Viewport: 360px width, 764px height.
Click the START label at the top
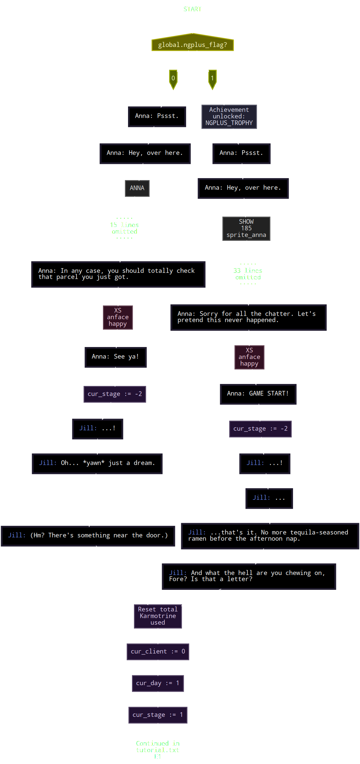tap(192, 9)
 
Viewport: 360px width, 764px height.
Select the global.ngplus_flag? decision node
tap(192, 44)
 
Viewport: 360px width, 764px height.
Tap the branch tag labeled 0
tap(173, 79)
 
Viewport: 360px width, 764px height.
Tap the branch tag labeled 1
tap(212, 79)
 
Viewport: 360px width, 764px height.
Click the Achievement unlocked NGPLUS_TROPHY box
tap(229, 116)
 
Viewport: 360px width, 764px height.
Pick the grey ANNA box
tap(137, 188)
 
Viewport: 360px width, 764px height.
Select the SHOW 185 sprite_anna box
tap(246, 228)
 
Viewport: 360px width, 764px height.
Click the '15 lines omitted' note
tap(124, 228)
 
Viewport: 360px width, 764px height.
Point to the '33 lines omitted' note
tap(248, 274)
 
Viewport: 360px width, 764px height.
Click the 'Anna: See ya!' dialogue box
tap(115, 357)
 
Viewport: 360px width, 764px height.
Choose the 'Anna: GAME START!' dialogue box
tap(258, 394)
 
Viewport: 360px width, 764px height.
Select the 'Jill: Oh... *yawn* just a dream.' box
tap(97, 463)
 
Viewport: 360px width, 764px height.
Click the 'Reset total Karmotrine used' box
tap(158, 616)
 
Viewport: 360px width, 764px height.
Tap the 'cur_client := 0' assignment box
tap(158, 652)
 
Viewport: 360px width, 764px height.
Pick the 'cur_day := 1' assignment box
tap(158, 683)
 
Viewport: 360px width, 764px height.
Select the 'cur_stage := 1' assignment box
tap(158, 715)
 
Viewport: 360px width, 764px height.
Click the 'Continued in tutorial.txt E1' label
tap(158, 750)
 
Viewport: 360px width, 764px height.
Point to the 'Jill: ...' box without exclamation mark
tap(269, 498)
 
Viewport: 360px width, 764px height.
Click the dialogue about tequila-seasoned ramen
tap(269, 536)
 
